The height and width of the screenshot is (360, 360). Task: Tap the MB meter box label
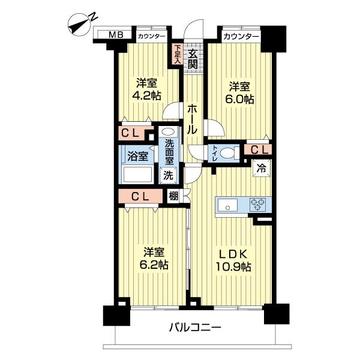click(116, 35)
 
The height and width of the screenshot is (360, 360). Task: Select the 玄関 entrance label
click(193, 59)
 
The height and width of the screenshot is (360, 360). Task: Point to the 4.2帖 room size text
click(146, 95)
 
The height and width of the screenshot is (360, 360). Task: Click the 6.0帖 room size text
click(239, 99)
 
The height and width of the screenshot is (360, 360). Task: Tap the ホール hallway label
click(193, 119)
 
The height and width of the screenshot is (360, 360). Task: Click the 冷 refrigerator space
click(262, 169)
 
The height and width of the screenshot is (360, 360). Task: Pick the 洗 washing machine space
click(168, 176)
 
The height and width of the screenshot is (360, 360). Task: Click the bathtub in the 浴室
click(137, 174)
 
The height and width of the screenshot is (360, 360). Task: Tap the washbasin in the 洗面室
click(168, 132)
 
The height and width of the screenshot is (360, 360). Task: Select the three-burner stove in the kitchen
click(258, 204)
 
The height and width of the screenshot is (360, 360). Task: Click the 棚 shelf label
click(173, 196)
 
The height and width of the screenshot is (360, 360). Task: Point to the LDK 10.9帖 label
click(233, 260)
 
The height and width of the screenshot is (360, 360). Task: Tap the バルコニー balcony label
click(195, 328)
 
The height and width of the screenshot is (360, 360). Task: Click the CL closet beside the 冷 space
click(259, 150)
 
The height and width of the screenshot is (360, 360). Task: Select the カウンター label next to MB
click(152, 36)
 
